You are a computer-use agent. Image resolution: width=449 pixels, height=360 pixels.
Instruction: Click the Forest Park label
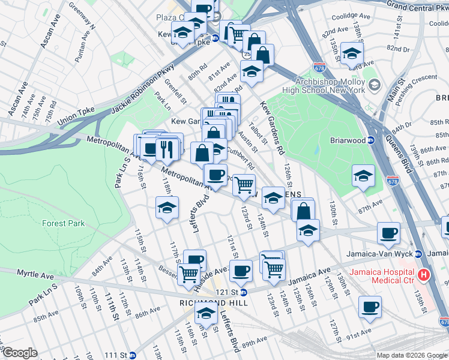pyautogui.click(x=63, y=223)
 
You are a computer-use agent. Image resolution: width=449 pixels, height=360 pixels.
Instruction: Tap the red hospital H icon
pyautogui.click(x=424, y=275)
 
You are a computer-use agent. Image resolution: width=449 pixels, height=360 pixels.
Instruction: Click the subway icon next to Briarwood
pyautogui.click(x=371, y=141)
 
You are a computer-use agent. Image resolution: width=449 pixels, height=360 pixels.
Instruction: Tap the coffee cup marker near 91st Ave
pyautogui.click(x=370, y=307)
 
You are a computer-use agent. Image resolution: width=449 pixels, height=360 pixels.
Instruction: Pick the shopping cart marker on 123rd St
pyautogui.click(x=244, y=185)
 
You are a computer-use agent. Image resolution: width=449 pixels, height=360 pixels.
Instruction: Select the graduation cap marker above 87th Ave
pyautogui.click(x=363, y=176)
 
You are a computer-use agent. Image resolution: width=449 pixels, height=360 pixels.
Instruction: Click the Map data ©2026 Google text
pyautogui.click(x=411, y=355)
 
